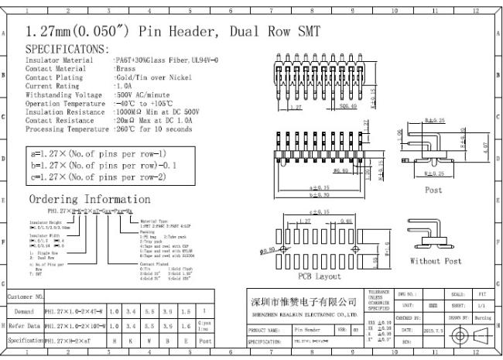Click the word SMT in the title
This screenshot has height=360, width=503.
(303, 32)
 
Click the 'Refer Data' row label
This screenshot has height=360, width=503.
(27, 325)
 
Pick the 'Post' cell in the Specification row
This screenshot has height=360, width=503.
(204, 340)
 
